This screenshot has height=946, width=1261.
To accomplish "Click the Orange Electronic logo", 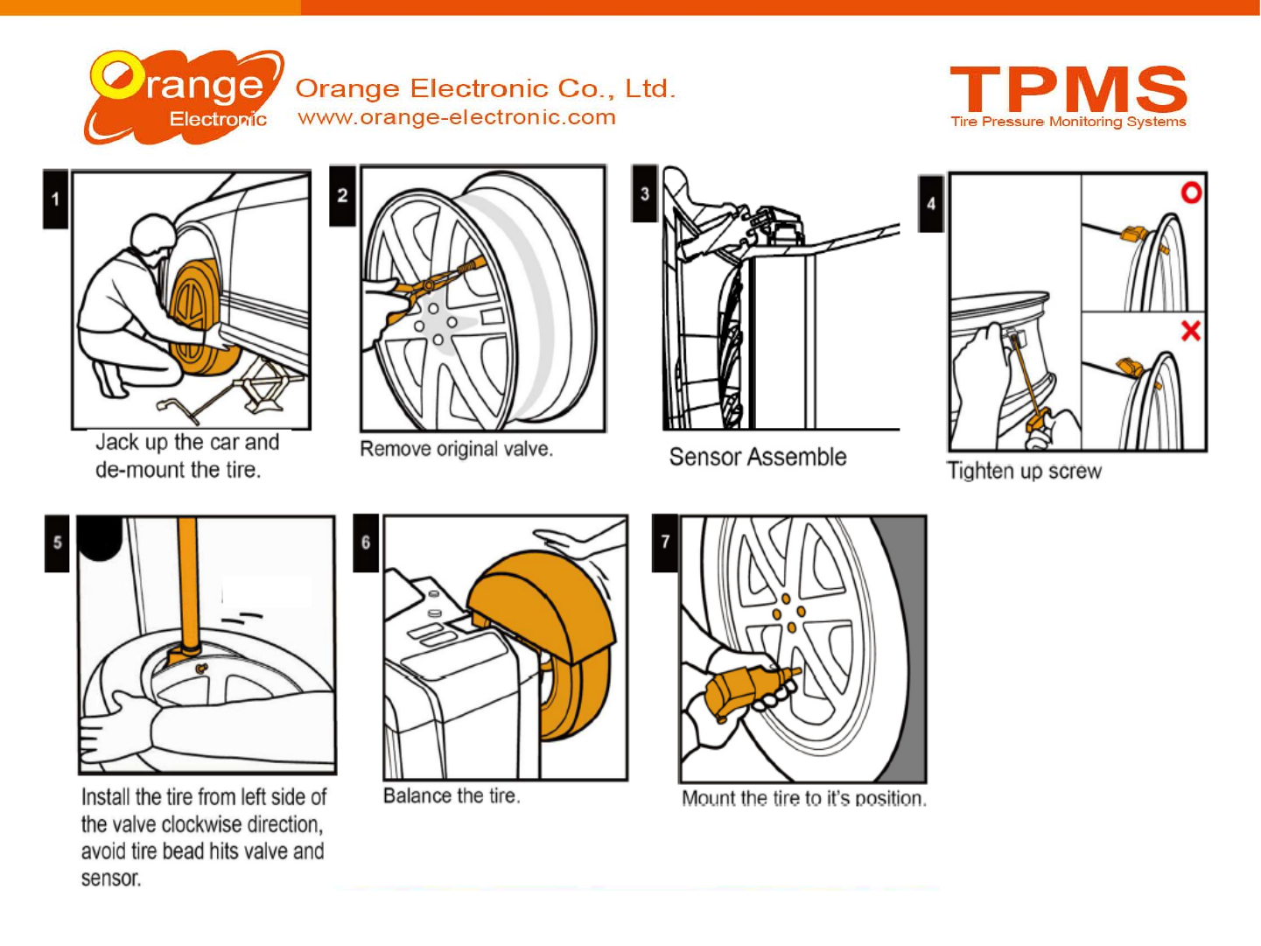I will pyautogui.click(x=184, y=97).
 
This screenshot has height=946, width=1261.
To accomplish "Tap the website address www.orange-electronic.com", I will pyautogui.click(x=457, y=117).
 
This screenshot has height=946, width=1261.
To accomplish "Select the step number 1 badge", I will pyautogui.click(x=55, y=199).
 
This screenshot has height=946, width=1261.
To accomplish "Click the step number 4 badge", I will pyautogui.click(x=931, y=203).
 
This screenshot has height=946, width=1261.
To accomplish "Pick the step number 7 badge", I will pyautogui.click(x=665, y=543).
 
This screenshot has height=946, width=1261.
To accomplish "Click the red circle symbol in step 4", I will pyautogui.click(x=1191, y=193).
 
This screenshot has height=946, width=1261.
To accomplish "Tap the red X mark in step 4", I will pyautogui.click(x=1190, y=331).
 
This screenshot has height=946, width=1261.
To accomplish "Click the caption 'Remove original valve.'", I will pyautogui.click(x=456, y=449).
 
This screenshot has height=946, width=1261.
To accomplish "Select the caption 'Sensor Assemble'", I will pyautogui.click(x=758, y=457).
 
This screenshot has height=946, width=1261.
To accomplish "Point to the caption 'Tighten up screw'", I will pyautogui.click(x=1024, y=471).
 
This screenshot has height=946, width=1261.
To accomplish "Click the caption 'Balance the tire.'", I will pyautogui.click(x=452, y=795).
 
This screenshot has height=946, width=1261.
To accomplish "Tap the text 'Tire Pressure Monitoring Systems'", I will pyautogui.click(x=1068, y=122).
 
